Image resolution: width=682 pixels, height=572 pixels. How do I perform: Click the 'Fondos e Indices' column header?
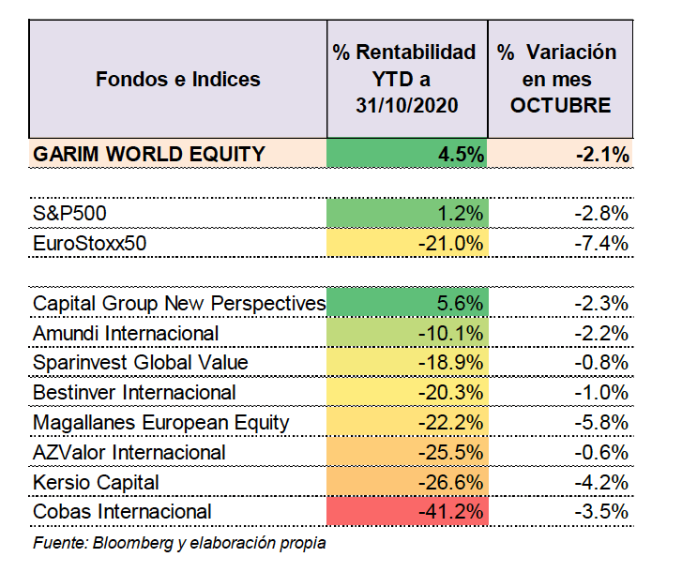coord(178,80)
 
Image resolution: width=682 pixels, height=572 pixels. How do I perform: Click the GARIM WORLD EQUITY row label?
coord(149,155)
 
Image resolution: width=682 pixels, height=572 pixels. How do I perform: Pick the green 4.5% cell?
coord(407,153)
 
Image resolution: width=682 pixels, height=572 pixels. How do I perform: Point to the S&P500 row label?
coord(69,214)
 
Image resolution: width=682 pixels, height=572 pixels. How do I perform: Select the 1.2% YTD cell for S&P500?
coord(407,213)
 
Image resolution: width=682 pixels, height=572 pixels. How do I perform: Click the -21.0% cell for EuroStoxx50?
coord(407,243)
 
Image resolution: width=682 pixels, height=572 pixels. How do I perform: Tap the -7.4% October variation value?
coord(601,243)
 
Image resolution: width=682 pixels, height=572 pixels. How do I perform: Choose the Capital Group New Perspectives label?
coord(179,304)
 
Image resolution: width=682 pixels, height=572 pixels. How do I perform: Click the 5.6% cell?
coord(407,303)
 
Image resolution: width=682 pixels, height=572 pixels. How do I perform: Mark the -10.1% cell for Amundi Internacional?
coord(407,333)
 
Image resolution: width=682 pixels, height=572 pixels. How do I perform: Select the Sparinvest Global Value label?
coord(141,363)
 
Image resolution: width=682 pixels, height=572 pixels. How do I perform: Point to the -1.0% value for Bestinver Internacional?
coord(601,393)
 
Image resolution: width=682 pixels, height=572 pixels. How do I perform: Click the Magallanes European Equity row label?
coord(161,423)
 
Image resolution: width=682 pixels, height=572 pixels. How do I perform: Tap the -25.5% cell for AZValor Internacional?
coord(407,452)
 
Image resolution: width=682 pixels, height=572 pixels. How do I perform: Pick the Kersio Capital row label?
coord(96,483)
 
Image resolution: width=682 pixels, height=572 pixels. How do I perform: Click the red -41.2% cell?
coord(407,511)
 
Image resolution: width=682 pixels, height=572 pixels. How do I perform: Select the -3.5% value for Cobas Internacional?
coord(601,512)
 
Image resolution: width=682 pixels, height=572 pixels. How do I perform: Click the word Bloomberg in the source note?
coord(133,543)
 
